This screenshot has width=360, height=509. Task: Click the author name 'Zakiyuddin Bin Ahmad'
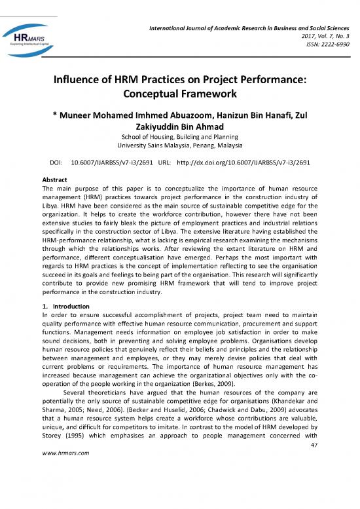[x=179, y=126]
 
